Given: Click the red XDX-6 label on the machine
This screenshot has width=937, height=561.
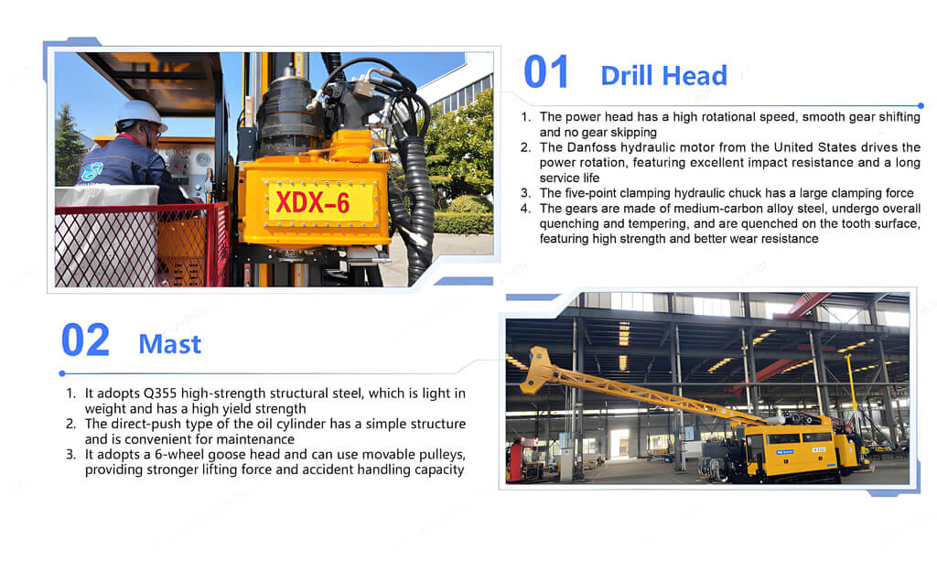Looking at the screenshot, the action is [x=313, y=203].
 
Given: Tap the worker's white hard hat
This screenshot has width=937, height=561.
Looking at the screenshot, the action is [x=140, y=113].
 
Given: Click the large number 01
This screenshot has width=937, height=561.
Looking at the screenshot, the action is [x=545, y=73].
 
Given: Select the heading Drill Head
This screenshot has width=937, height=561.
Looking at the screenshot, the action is [x=664, y=76].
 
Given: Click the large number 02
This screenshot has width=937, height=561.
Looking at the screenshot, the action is [x=85, y=340].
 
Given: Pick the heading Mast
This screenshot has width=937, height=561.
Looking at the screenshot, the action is [x=169, y=344].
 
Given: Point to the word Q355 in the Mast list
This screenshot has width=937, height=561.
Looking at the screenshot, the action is [x=160, y=394].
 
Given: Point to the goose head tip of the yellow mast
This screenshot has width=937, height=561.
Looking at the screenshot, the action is [x=535, y=366].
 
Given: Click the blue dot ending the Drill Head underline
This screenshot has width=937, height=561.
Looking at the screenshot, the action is [x=921, y=106].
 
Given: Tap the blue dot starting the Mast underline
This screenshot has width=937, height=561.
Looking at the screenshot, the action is [x=62, y=373].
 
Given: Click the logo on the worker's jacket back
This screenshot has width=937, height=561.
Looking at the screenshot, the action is [x=92, y=171].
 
